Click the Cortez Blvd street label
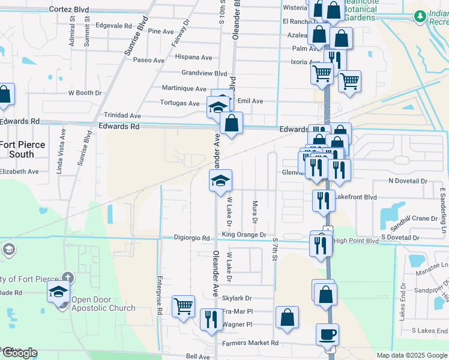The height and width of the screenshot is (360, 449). coord(68,10)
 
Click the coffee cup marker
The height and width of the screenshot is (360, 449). coord(327,334)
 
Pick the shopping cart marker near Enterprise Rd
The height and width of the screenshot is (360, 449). coord(183,305)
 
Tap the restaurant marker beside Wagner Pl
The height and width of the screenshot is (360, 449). coord(210,319)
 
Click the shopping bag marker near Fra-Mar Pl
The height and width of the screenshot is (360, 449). coord(288,318)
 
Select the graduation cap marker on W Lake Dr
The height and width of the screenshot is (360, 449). coord(220,180)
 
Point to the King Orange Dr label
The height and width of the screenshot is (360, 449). coord(243,235)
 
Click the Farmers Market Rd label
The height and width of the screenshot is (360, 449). coord(250,343)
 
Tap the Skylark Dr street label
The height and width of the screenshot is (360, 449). coord(237,298)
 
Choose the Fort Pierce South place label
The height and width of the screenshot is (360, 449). coord(17,149)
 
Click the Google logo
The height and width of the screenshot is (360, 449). coord(19,353)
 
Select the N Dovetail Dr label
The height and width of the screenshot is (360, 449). coord(408,181)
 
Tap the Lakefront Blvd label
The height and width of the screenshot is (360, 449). coord(356,197)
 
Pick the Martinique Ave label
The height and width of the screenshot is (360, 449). coord(184,88)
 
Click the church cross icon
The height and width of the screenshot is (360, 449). coord(68,278)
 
